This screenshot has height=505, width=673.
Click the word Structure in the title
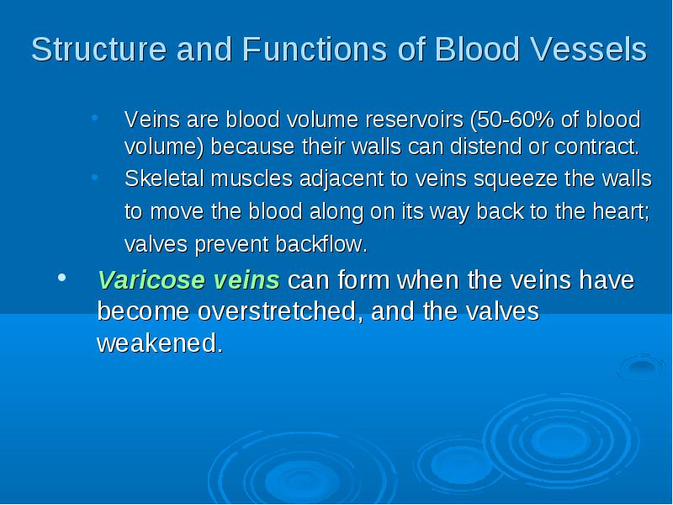point(98,49)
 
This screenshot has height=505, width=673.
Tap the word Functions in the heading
point(315,49)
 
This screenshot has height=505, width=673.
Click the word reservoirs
point(414,120)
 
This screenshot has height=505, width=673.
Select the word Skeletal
point(164,178)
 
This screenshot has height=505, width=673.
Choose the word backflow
point(321,244)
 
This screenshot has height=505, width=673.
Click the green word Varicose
point(151,280)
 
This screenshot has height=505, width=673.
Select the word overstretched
point(277,311)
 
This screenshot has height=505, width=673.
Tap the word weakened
point(160,343)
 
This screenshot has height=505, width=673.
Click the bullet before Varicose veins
point(61,278)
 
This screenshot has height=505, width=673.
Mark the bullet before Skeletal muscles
point(95,177)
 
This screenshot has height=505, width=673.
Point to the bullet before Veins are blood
point(95,117)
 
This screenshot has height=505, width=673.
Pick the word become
point(143,311)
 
